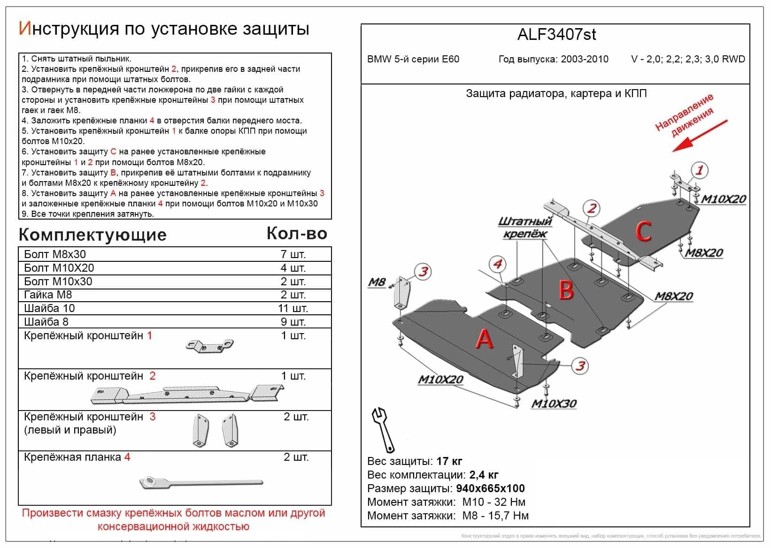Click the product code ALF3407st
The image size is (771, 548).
[556, 34]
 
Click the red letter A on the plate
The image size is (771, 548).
[484, 339]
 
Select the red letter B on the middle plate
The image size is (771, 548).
[566, 290]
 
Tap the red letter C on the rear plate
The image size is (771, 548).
[643, 231]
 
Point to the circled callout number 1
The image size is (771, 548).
[699, 170]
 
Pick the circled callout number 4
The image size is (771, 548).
[497, 264]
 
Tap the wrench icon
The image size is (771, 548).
[383, 429]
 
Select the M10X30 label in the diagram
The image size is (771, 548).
[554, 403]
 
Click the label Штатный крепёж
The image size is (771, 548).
[525, 227]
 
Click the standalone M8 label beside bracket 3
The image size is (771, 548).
[376, 282]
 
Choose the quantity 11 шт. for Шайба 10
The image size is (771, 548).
[293, 308]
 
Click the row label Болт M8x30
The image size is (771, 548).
[55, 254]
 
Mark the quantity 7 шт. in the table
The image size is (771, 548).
[293, 254]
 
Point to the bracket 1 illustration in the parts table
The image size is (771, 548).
[209, 345]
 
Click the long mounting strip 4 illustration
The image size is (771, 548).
[201, 482]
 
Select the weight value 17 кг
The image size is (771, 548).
[449, 461]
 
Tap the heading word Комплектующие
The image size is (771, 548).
[93, 235]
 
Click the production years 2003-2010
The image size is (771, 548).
[584, 59]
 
